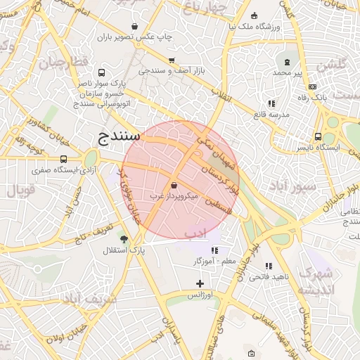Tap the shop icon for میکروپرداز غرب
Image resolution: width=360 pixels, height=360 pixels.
tap(174, 186)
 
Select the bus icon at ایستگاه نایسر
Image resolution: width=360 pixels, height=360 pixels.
tap(319, 137)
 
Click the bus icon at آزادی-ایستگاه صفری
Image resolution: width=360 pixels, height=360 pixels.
tap(64, 160)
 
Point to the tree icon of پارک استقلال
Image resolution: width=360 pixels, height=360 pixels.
tap(124, 239)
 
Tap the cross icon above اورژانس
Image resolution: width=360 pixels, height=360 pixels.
tap(200, 283)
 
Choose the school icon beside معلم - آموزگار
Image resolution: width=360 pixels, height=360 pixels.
tap(214, 250)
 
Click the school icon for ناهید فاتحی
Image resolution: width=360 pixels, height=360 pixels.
tap(269, 266)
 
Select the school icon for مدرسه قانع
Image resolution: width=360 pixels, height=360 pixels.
tap(271, 104)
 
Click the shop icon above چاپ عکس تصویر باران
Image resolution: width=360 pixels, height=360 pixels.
tap(134, 26)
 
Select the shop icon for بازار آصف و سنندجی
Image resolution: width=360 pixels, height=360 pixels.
tap(171, 60)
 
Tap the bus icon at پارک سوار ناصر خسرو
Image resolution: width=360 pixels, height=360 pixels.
tap(102, 72)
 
